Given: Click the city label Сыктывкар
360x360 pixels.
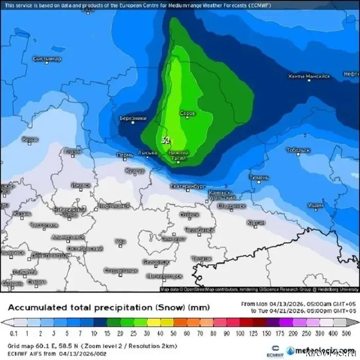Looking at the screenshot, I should (47, 59).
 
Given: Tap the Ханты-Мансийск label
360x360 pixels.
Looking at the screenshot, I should (309, 77).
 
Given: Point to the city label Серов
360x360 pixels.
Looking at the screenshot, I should (188, 113).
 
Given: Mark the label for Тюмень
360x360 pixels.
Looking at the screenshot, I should (259, 177).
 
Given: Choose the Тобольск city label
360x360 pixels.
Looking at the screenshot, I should (299, 150).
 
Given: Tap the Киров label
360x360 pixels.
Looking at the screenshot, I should (30, 139).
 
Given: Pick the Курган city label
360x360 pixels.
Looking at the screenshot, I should (256, 222).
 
